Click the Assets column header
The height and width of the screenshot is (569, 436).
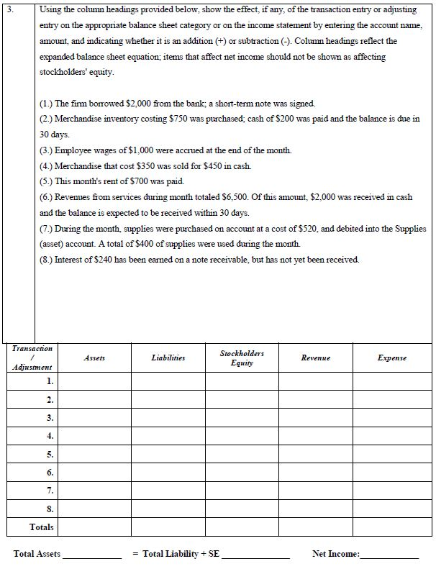point(94,358)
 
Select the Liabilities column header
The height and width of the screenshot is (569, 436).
point(168,358)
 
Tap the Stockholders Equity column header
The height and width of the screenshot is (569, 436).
point(242,358)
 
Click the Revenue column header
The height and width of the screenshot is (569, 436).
point(316,358)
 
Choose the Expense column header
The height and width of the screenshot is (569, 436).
point(392,358)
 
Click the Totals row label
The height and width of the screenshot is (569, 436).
point(41,527)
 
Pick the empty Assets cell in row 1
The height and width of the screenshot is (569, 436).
point(94,381)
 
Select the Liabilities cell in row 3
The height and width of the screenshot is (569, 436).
point(168,417)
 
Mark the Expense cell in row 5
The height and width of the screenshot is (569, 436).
point(392,454)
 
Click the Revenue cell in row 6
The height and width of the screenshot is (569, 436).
point(316,473)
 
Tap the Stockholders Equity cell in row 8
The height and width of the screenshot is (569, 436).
point(242,509)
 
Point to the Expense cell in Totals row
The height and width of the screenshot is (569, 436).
point(392,527)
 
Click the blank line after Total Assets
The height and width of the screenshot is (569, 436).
point(92,555)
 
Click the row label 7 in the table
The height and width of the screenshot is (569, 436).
point(50,491)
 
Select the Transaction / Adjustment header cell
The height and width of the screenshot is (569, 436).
point(32,358)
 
